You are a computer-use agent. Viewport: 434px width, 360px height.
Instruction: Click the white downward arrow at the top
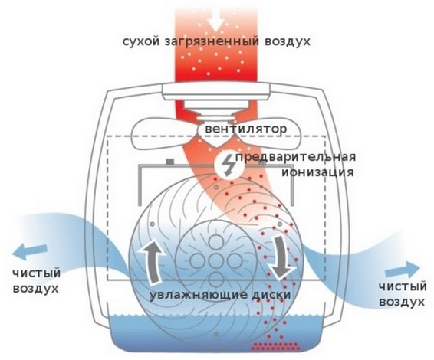pos(216,21)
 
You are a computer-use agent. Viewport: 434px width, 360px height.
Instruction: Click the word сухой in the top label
pos(141,42)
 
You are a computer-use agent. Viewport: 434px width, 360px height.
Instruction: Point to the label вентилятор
pos(246,129)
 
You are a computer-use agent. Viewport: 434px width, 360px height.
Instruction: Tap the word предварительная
pos(296,157)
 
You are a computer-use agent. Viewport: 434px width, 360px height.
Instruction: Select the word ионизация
pos(317,172)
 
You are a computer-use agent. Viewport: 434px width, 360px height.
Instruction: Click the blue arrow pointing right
pos(403,269)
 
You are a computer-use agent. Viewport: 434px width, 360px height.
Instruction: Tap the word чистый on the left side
pos(37,273)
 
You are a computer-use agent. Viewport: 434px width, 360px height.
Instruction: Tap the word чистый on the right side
pos(403,286)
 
